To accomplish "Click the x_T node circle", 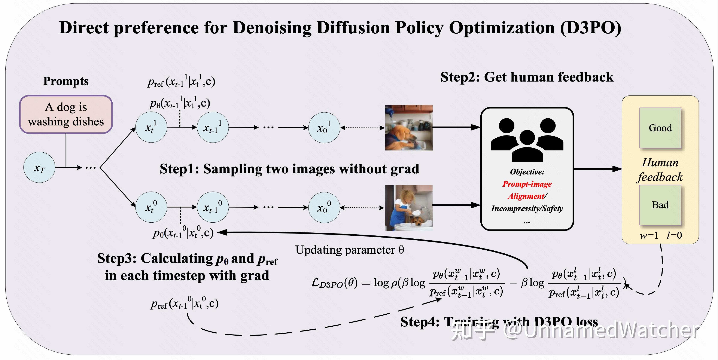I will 39,167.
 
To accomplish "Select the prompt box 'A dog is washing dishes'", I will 66,114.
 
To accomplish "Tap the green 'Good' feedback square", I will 660,128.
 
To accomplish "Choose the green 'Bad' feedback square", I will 660,205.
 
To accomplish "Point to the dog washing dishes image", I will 409,128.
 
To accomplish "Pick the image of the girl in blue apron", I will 409,208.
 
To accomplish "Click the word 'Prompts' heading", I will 66,81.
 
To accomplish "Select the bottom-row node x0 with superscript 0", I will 324,208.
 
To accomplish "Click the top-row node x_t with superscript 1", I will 151,127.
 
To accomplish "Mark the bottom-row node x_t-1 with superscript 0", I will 213,207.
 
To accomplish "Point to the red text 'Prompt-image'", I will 527,184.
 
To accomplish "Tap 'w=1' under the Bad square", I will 649,235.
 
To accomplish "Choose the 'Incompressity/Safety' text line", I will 527,208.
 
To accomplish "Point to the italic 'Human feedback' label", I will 660,170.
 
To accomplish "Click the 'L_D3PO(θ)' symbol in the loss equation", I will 334,283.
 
